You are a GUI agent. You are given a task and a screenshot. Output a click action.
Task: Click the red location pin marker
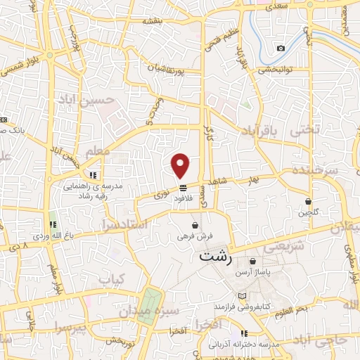click(181, 165)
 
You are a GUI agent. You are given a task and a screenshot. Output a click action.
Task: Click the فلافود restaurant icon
click(183, 188)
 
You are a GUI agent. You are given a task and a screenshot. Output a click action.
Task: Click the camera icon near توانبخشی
click(281, 48)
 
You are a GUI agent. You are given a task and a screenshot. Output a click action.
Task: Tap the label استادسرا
click(122, 226)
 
